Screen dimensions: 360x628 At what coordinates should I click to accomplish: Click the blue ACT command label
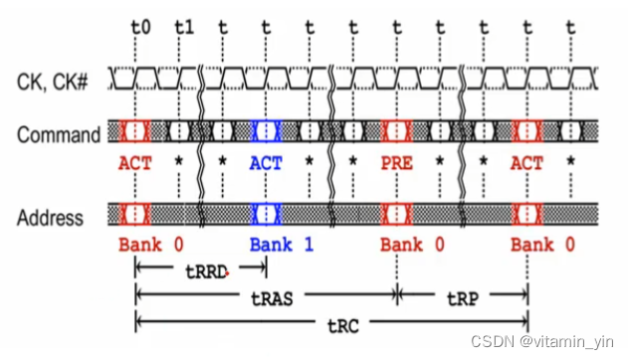(x=266, y=162)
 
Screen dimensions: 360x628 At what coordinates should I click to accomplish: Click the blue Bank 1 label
(x=282, y=245)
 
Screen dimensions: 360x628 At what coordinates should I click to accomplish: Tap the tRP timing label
(x=462, y=296)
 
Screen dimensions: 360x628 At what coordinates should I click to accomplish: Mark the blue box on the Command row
(x=266, y=131)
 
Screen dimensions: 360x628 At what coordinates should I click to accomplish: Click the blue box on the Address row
(x=266, y=214)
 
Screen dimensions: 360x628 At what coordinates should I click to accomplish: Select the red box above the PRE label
(x=396, y=131)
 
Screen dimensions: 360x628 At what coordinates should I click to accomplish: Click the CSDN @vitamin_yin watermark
(x=558, y=342)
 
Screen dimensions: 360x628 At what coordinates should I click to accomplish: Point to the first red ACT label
(x=135, y=162)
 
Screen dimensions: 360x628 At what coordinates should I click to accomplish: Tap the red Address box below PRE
(x=396, y=214)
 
